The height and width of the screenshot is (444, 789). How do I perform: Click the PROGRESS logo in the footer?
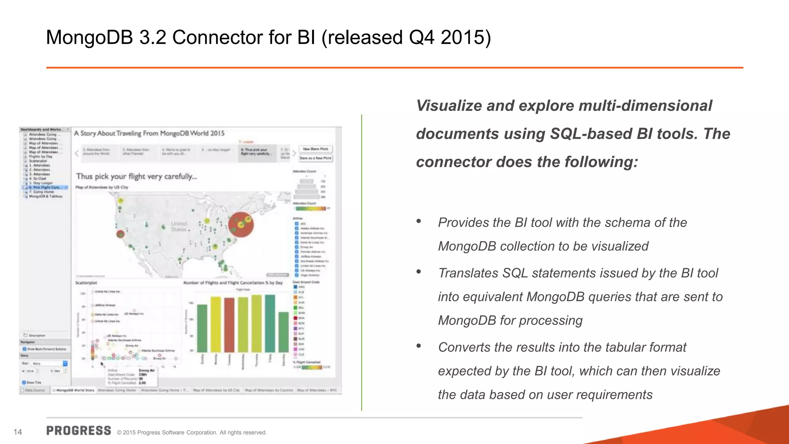(x=79, y=431)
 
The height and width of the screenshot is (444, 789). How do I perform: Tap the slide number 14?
(x=18, y=432)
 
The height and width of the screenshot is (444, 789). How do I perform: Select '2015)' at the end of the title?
(x=466, y=38)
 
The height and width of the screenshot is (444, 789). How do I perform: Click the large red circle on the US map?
(x=241, y=224)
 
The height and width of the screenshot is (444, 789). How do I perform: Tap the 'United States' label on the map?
(x=179, y=226)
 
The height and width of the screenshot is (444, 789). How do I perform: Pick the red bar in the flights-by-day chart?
(x=229, y=325)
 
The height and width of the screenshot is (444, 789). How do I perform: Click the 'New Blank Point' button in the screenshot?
(x=316, y=149)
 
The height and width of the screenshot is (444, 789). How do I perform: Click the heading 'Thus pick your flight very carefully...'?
(x=136, y=177)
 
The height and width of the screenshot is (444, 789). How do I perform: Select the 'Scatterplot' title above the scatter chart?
(x=86, y=283)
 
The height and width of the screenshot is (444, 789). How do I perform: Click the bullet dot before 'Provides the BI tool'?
(x=419, y=221)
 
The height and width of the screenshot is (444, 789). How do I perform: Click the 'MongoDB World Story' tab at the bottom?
(x=75, y=390)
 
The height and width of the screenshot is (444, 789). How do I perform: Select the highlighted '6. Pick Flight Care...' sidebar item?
(x=46, y=187)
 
